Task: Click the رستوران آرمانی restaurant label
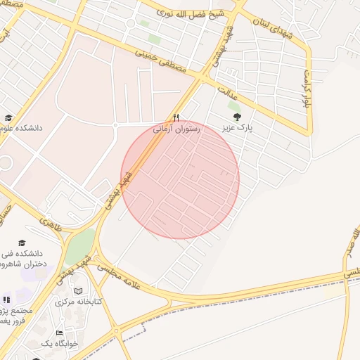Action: (176, 129)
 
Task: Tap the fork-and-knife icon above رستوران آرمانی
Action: (176, 118)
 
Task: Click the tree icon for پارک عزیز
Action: (235, 117)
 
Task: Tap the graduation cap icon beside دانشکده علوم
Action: (8, 118)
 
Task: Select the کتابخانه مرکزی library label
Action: (79, 302)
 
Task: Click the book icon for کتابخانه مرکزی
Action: (78, 290)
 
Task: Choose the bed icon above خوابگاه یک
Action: (59, 332)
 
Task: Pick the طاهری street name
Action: (51, 226)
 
